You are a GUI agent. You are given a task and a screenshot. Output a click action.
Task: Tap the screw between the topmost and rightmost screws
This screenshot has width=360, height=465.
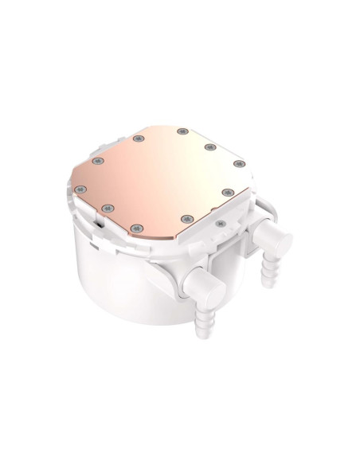click(x=210, y=146)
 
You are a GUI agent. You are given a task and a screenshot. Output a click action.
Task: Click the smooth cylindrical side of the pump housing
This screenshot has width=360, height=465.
click(x=119, y=279)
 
